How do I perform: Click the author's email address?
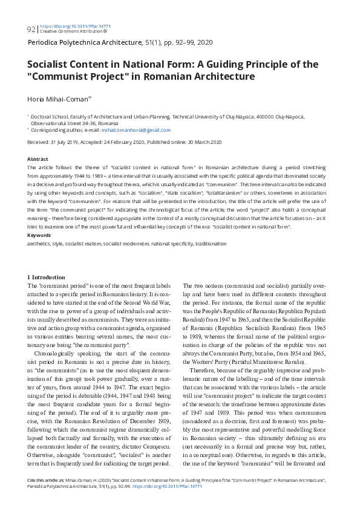pos(144,130)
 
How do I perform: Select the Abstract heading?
pos(38,158)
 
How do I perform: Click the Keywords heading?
pos(39,235)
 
